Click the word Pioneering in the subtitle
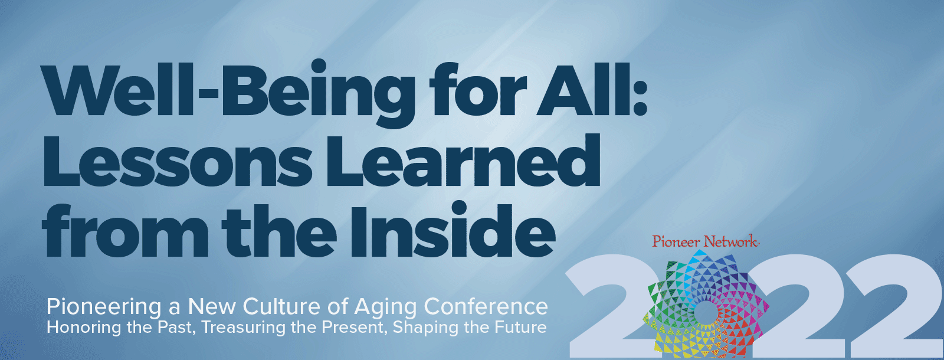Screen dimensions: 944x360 [x=104, y=307]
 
